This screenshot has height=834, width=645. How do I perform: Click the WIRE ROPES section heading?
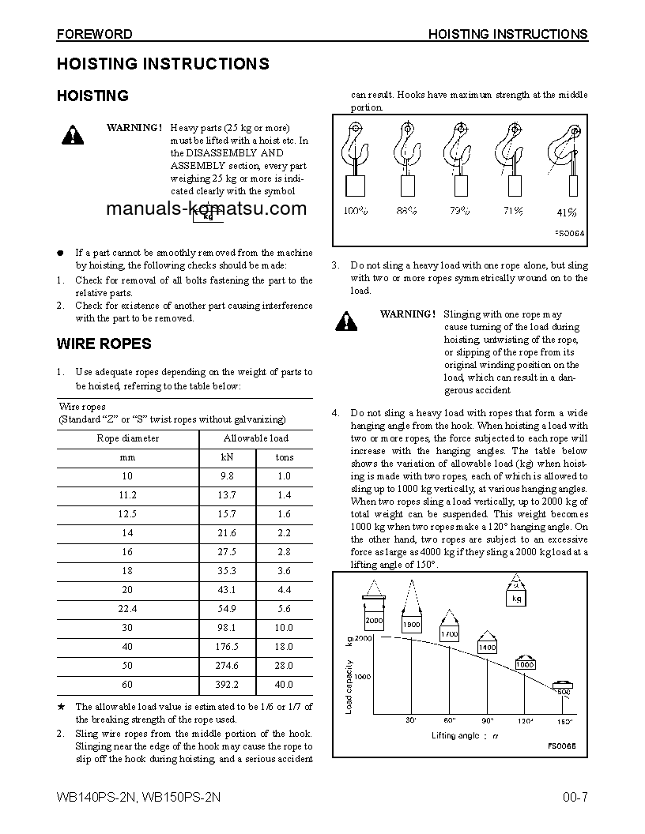pyautogui.click(x=104, y=344)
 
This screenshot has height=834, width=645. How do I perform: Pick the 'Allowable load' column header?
pyautogui.click(x=255, y=438)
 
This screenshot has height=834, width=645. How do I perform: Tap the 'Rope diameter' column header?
pyautogui.click(x=127, y=438)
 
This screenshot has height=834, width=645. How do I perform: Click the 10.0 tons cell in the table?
pyautogui.click(x=284, y=628)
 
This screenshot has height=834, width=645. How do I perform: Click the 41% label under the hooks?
pyautogui.click(x=566, y=212)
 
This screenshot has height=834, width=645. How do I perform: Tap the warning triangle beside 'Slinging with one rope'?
pyautogui.click(x=345, y=321)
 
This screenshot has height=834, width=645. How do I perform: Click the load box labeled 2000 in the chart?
pyautogui.click(x=374, y=620)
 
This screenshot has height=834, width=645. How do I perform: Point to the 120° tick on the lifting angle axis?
pyautogui.click(x=526, y=721)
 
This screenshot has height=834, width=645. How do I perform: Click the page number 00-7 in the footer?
pyautogui.click(x=575, y=797)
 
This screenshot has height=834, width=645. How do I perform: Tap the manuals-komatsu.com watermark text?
pyautogui.click(x=205, y=209)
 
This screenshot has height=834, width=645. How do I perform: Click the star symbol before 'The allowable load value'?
pyautogui.click(x=61, y=707)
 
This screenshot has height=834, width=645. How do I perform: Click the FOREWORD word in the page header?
pyautogui.click(x=94, y=34)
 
